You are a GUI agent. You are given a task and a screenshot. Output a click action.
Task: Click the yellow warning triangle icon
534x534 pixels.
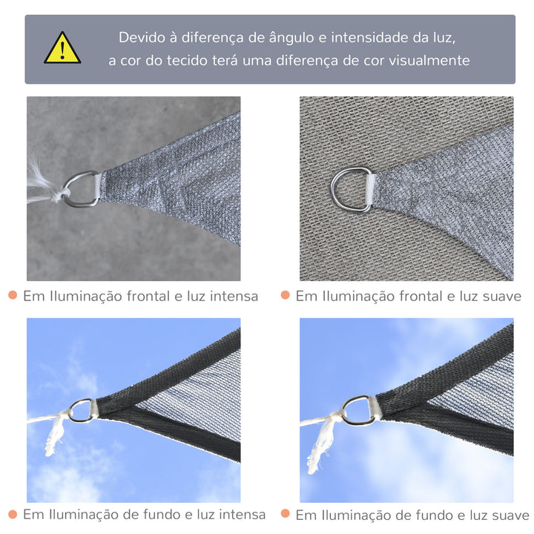point(62,49)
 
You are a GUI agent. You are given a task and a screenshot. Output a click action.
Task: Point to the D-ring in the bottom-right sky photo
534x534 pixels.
point(358,410)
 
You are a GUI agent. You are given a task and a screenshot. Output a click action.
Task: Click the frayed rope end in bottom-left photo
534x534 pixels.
point(52,438)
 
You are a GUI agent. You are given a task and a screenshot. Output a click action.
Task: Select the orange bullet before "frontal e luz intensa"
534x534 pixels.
point(13,295)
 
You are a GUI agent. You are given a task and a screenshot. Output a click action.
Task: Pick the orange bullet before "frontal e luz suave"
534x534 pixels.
point(286,295)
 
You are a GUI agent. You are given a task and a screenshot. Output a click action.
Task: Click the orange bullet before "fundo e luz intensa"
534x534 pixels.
point(13,513)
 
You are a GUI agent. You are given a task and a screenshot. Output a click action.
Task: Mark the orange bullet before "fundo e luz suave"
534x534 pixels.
point(286,513)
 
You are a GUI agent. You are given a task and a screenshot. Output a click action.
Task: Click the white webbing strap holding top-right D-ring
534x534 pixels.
point(370,186)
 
